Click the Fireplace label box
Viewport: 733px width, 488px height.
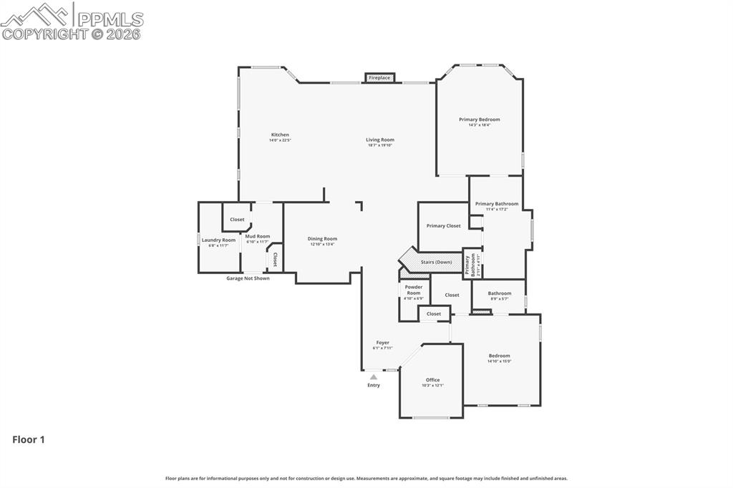point(379,77)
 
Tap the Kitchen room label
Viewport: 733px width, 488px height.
point(280,135)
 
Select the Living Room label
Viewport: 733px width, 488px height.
point(380,140)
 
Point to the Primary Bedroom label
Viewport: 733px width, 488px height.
point(480,119)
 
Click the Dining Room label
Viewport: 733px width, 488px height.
point(322,239)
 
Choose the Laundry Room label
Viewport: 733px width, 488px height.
point(218,240)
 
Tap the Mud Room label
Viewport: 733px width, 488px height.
point(258,236)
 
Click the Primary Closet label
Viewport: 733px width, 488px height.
point(444,226)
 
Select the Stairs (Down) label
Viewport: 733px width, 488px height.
point(436,263)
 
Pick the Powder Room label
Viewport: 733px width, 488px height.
point(414,290)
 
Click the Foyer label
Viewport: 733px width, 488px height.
point(383,343)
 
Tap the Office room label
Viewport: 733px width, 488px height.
point(432,380)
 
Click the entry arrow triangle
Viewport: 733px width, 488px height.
point(374,377)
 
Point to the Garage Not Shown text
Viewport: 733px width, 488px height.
point(248,278)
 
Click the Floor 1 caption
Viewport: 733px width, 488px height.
point(29,440)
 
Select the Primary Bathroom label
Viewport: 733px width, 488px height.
point(497,204)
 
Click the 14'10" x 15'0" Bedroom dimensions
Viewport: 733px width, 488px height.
point(500,361)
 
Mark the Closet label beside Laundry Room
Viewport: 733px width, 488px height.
point(237,220)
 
